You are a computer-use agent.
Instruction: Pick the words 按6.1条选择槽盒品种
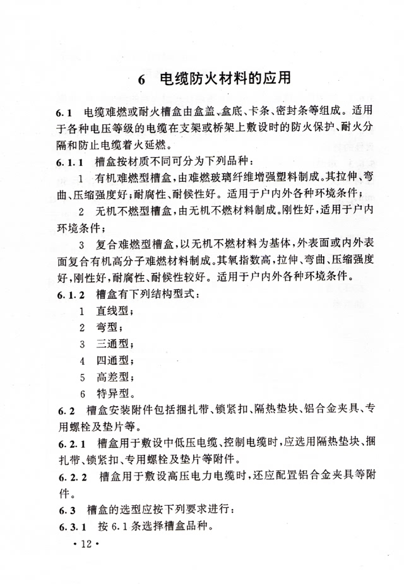coord(154,525)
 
